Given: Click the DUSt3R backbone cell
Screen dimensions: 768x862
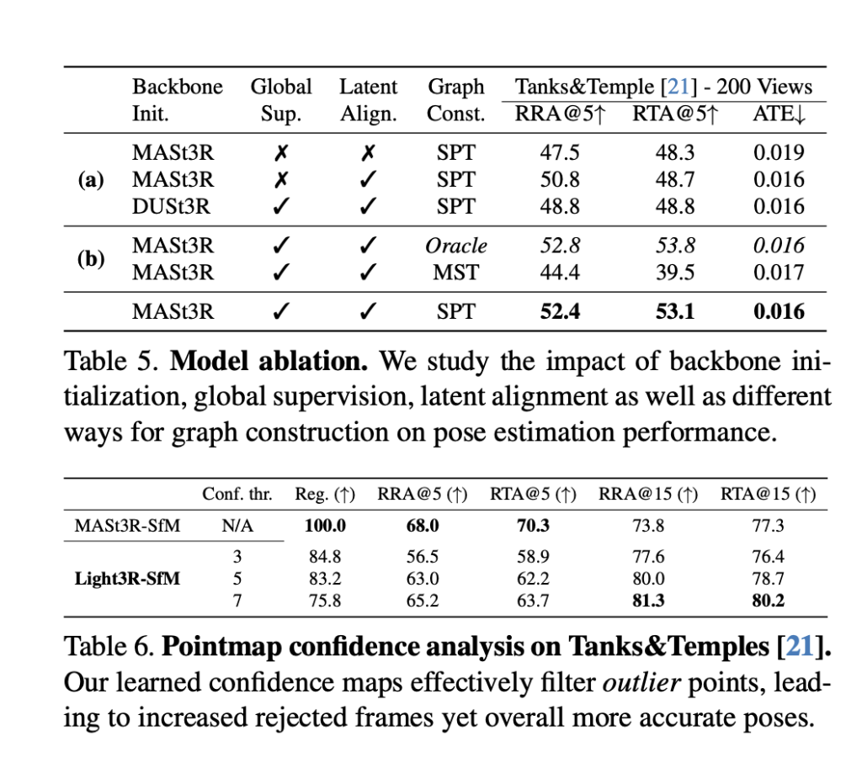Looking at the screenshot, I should [x=173, y=206].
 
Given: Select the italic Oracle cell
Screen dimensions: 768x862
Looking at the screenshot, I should [x=455, y=246].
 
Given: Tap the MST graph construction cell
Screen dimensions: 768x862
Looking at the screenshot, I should [x=455, y=273].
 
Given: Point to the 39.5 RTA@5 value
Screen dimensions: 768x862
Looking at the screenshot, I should [x=675, y=273].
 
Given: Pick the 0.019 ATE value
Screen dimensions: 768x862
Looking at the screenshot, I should [x=779, y=152].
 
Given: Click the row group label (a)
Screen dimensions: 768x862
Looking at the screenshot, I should [x=90, y=179].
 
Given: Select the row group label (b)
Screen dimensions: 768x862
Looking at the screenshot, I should [x=90, y=259].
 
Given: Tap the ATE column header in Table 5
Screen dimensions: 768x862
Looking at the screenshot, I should [x=779, y=114].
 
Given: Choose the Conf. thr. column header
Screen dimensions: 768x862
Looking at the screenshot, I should [x=237, y=495].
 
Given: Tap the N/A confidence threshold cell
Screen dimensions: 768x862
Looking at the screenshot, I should [x=237, y=527].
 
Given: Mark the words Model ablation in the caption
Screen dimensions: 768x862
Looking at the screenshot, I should [x=269, y=363].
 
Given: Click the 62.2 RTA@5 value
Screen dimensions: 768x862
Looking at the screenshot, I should [x=533, y=580].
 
